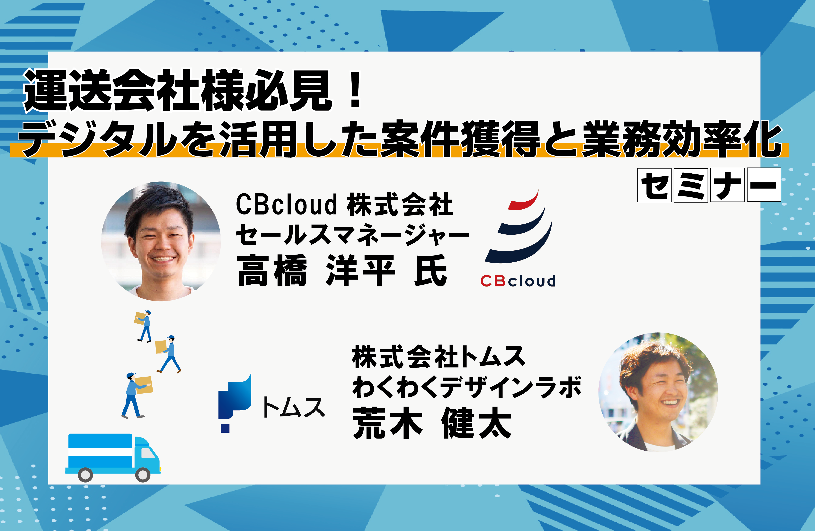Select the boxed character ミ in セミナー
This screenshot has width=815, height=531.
click(x=691, y=185)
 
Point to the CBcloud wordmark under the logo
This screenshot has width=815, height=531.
click(x=518, y=281)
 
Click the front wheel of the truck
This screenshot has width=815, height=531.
click(x=143, y=475)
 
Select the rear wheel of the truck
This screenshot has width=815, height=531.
click(x=85, y=475)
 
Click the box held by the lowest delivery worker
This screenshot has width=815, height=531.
click(x=144, y=385)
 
